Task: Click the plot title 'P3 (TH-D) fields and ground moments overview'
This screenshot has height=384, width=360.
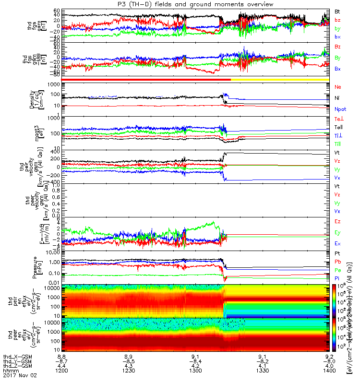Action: (195, 4)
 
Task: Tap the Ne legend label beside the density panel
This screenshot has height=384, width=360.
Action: (338, 87)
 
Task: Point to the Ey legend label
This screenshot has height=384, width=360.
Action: (337, 232)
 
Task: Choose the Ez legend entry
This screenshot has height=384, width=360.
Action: (337, 221)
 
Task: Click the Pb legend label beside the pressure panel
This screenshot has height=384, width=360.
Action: (337, 262)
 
